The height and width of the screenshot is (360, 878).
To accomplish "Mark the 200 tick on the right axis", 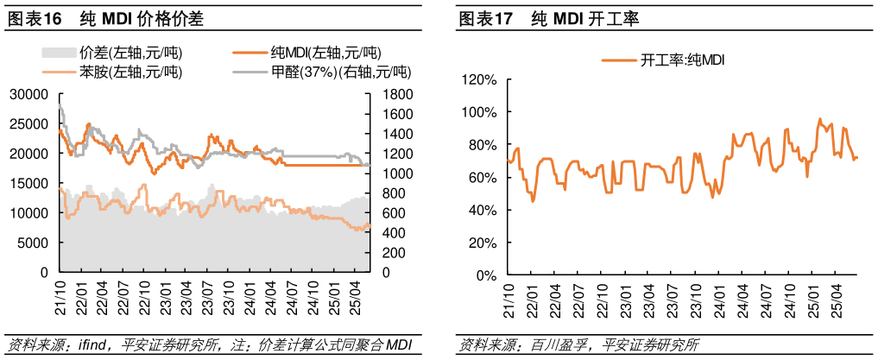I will pyautogui.click(x=387, y=253).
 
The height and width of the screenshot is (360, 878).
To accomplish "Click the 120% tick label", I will pyautogui.click(x=480, y=80).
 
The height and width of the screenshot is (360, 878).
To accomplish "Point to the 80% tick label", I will pyautogui.click(x=483, y=145).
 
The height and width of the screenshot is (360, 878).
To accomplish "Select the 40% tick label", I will pyautogui.click(x=483, y=211).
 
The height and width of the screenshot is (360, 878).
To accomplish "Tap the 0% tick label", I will pyautogui.click(x=486, y=275).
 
